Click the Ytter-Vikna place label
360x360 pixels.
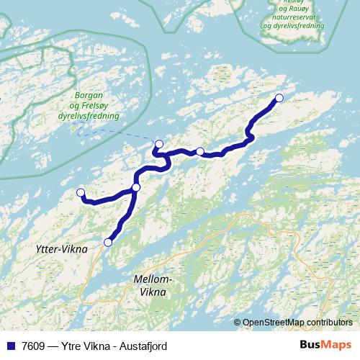tap(61, 249)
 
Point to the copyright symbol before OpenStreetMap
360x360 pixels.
tap(237, 322)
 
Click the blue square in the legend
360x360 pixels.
tap(9, 346)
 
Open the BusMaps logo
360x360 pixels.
tap(325, 345)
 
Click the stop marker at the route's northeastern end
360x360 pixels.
tap(279, 98)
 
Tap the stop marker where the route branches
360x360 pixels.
tap(136, 187)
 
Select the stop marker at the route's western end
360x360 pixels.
tap(81, 192)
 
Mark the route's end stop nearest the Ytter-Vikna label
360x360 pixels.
tap(108, 242)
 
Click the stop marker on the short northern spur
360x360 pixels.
tap(159, 144)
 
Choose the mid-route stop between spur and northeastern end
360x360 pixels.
tap(200, 151)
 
